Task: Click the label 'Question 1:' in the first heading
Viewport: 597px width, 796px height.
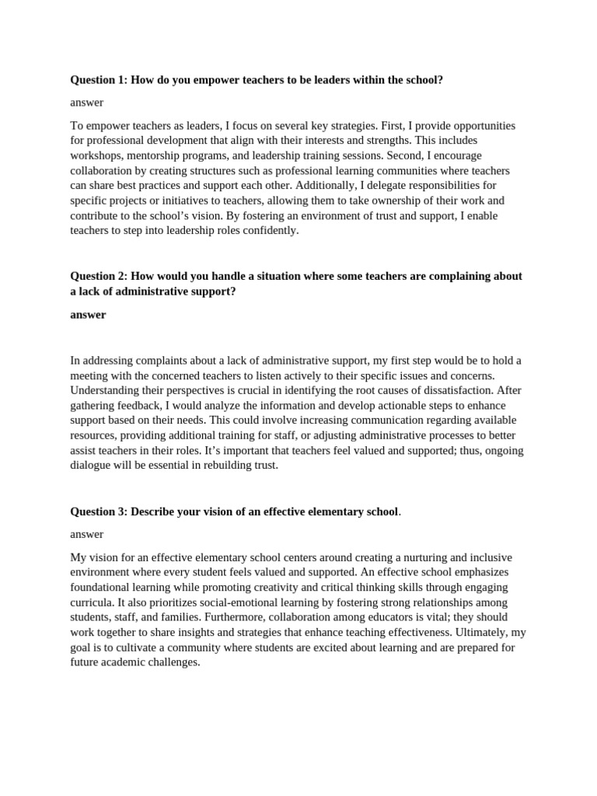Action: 99,79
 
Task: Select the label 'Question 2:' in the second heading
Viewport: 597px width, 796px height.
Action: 99,276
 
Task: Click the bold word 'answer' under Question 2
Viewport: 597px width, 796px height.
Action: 88,315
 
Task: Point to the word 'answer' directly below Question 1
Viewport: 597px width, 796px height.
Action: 86,102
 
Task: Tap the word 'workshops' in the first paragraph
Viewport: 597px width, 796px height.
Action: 95,155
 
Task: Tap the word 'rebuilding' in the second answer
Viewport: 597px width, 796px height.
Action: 223,466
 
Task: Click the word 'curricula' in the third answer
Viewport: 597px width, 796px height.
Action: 93,602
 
